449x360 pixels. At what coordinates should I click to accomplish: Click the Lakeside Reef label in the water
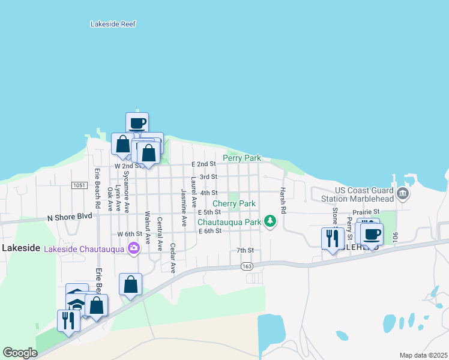tap(113, 24)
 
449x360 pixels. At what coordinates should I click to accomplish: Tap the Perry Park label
tap(242, 158)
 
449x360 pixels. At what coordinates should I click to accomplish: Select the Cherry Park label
tap(234, 204)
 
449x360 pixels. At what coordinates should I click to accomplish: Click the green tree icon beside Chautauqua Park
tap(271, 222)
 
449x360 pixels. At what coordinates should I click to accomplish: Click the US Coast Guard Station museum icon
tap(403, 194)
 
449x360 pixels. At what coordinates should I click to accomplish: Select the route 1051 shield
tap(78, 185)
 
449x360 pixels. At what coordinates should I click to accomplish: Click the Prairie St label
tap(367, 212)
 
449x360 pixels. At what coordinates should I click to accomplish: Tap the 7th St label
tap(245, 250)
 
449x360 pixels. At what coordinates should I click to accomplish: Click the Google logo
tap(20, 353)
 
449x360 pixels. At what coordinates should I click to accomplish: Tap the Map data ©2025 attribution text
tap(423, 355)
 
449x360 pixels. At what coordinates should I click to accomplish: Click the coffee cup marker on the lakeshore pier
tap(137, 123)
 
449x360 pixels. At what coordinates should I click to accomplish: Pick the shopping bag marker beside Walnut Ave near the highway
tap(130, 284)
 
